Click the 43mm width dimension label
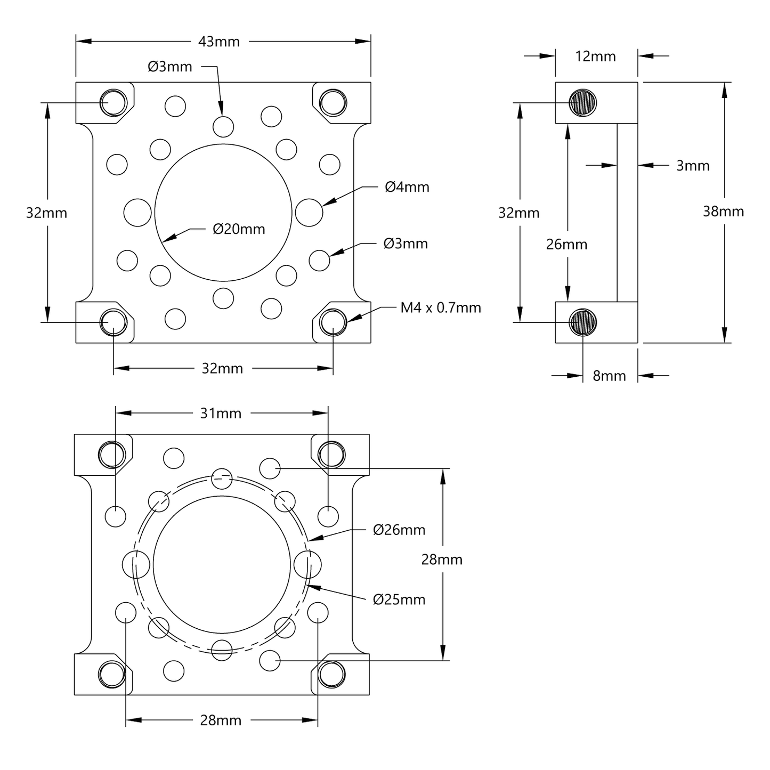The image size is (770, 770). (219, 42)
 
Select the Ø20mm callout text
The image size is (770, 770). (239, 229)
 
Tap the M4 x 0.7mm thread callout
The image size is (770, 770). (441, 307)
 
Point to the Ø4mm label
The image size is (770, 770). (407, 187)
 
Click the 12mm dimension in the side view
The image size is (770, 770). (595, 56)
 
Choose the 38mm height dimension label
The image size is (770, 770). (723, 212)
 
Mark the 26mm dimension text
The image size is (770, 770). (566, 244)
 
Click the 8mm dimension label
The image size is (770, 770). (609, 376)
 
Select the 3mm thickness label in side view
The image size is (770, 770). (693, 166)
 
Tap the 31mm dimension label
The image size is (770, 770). (221, 414)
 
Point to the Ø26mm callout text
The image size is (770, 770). (399, 530)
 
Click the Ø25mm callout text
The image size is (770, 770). (399, 599)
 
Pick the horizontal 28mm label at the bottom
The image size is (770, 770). (221, 720)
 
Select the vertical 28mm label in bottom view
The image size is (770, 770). (442, 560)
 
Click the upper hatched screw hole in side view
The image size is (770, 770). (583, 102)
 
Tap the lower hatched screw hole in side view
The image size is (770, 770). (583, 322)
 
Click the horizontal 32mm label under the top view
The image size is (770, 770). (222, 368)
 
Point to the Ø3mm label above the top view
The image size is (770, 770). (170, 67)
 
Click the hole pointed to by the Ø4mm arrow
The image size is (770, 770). (309, 212)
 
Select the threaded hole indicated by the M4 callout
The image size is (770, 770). (333, 322)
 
